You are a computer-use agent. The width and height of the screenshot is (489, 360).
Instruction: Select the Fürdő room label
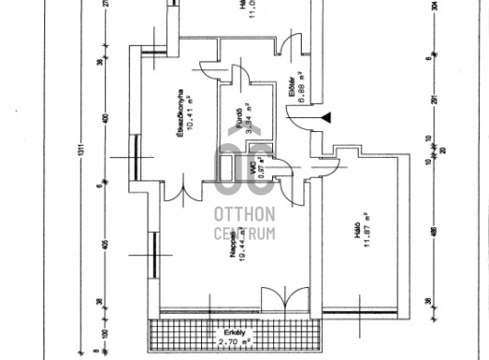(239, 119)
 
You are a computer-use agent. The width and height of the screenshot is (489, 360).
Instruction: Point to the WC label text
(251, 167)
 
